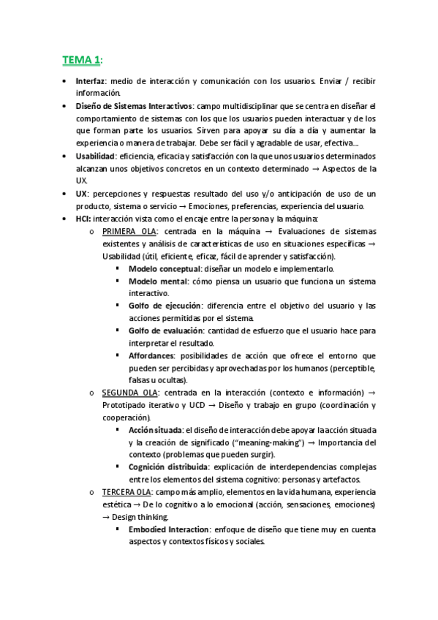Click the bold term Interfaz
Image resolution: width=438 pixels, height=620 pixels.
(91, 80)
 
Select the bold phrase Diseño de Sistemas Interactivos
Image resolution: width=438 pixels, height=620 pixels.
(134, 106)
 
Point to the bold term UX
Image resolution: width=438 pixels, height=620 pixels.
(81, 193)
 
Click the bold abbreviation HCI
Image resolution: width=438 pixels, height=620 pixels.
(83, 219)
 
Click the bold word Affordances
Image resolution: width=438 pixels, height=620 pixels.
(151, 356)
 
